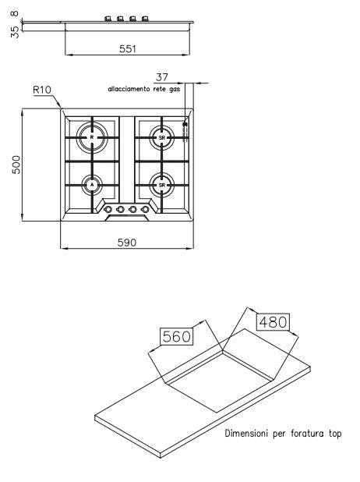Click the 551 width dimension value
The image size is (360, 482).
pyautogui.click(x=128, y=49)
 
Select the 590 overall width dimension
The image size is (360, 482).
pyautogui.click(x=126, y=243)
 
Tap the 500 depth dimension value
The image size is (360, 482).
pyautogui.click(x=16, y=165)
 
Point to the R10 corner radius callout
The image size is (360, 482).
pyautogui.click(x=42, y=90)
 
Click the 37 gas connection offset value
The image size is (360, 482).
pyautogui.click(x=162, y=77)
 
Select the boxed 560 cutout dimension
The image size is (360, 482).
pyautogui.click(x=177, y=336)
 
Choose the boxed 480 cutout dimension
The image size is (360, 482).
pyautogui.click(x=273, y=322)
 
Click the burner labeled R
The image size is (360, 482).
pyautogui.click(x=92, y=137)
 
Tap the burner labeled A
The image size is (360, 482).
pyautogui.click(x=91, y=185)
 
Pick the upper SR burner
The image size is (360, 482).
pyautogui.click(x=162, y=138)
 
